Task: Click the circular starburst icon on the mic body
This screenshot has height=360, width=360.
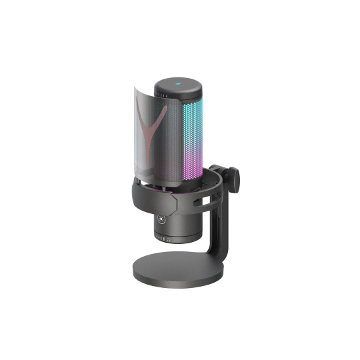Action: point(161,218)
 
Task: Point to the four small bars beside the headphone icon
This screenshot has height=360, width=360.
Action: point(167,237)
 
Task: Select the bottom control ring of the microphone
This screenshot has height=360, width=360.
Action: point(175,237)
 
